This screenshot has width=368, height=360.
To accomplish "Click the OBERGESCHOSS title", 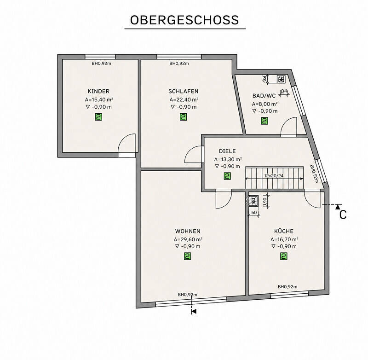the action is [184, 20].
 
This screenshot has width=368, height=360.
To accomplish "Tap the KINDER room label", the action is [98, 91].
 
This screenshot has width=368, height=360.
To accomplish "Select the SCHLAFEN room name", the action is [183, 91].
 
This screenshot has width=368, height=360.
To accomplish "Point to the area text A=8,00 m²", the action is [265, 104].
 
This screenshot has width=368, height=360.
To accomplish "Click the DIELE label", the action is [227, 151].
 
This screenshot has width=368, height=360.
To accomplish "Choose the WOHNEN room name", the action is [188, 231].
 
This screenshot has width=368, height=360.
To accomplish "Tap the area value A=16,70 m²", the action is [284, 239].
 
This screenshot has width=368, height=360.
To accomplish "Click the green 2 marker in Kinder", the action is [98, 117].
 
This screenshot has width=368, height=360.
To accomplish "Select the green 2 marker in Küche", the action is [284, 256].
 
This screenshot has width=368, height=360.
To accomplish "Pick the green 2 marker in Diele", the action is [227, 176].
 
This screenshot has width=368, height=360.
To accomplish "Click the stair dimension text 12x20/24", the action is [274, 176].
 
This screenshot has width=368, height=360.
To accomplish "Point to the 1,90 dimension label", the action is [265, 201].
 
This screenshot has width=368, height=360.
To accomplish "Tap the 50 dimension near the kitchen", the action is [254, 213].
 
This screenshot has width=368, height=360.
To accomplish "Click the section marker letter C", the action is [343, 215].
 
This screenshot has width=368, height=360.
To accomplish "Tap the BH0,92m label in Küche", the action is [287, 286].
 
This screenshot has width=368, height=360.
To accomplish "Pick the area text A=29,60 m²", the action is [188, 239].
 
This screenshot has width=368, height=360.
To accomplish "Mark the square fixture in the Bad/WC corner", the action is [281, 79].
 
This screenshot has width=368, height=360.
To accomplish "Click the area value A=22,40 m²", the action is [184, 99].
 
